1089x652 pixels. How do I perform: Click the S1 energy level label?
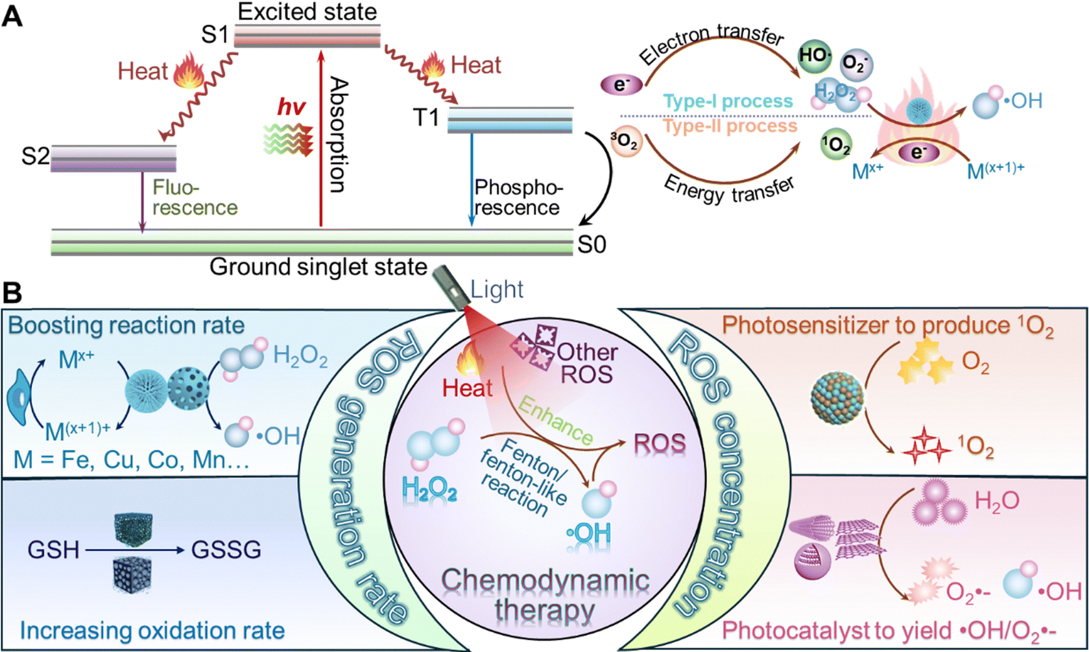[215, 35]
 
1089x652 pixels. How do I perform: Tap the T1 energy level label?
[426, 117]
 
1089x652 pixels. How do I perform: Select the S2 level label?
[35, 156]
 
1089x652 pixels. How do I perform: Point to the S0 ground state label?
[592, 244]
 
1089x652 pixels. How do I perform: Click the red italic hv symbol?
[291, 107]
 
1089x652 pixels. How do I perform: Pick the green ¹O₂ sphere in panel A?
[835, 145]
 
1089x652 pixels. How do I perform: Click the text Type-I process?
[728, 101]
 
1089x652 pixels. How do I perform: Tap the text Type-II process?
[730, 126]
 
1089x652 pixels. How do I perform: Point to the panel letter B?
[12, 293]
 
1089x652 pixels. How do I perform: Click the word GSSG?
[226, 550]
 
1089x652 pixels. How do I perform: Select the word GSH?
[53, 550]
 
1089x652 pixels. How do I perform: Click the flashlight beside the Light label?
[449, 287]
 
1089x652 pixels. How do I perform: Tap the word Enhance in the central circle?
[556, 421]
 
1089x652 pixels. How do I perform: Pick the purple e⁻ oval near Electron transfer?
[621, 84]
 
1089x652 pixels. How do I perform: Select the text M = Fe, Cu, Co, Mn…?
[131, 460]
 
